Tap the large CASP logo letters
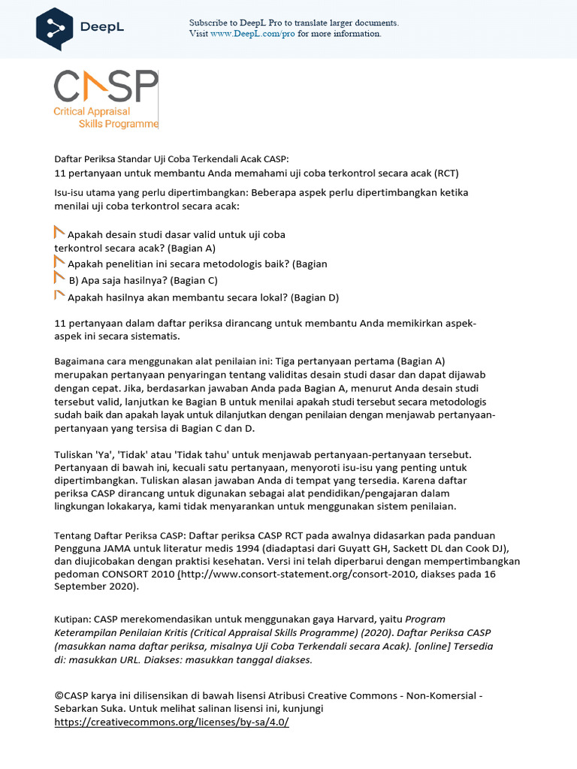[x=106, y=87]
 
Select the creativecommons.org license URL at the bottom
[x=171, y=722]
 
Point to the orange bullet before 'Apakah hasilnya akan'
[x=59, y=295]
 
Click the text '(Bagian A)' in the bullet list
[x=192, y=248]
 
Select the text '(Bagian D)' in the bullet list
[x=316, y=297]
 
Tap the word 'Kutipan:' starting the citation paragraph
[x=73, y=620]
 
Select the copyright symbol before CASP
[x=59, y=695]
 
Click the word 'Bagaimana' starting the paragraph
[x=79, y=360]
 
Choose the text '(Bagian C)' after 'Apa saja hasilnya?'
[x=194, y=280]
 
